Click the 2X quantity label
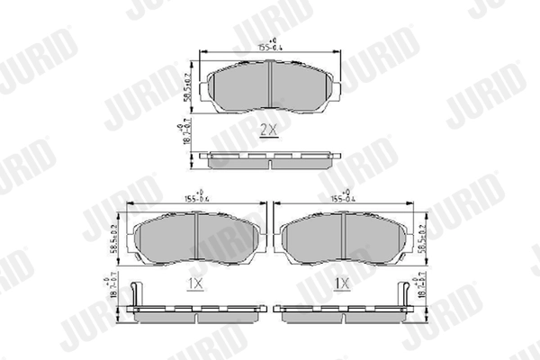(x=269, y=130)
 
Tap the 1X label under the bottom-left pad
(x=194, y=284)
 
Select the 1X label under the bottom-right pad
(x=342, y=284)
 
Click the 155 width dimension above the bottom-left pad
(x=194, y=196)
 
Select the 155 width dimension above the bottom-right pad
(x=341, y=196)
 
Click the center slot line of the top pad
(x=270, y=85)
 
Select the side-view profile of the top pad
(x=270, y=160)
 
